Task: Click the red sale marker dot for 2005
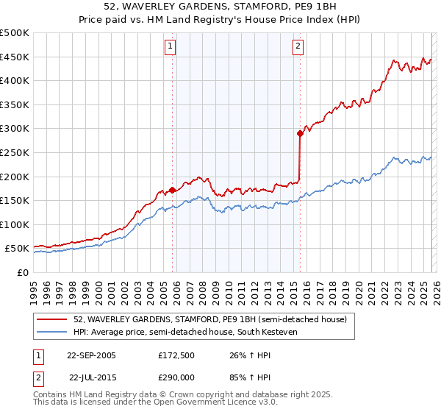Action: [173, 190]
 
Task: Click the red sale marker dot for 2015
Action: [300, 133]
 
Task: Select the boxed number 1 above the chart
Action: [171, 46]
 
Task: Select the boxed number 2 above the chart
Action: [298, 46]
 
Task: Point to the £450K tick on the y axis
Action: [15, 57]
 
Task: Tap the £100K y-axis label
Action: [15, 224]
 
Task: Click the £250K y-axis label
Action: [15, 152]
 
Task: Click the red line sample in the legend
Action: [53, 319]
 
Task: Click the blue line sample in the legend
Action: [53, 333]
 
